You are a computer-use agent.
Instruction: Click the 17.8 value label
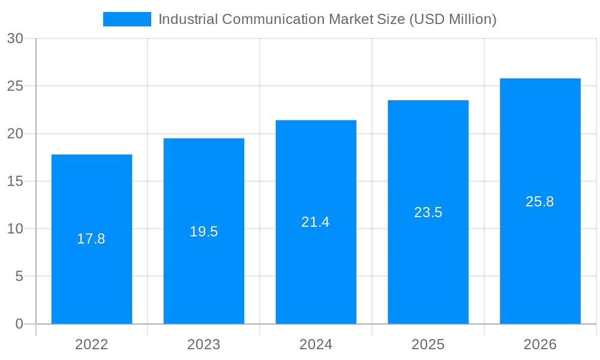pos(91,239)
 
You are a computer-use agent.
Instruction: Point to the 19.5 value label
pos(203,232)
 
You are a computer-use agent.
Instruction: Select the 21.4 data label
pos(316,222)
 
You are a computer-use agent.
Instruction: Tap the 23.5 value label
pos(428,212)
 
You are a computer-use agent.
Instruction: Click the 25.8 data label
pos(540,202)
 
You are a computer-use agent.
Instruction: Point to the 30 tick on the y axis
pos(15,38)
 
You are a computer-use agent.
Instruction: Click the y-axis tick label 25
pos(15,86)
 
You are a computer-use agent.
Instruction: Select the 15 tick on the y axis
pos(15,181)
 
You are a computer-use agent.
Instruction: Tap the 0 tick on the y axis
pos(19,324)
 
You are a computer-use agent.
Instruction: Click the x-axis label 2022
pos(91,344)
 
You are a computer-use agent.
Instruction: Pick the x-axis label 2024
pos(316,344)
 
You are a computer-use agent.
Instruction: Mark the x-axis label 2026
pos(540,344)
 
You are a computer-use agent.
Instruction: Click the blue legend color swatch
pos(127,19)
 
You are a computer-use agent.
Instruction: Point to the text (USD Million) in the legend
pos(452,19)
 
